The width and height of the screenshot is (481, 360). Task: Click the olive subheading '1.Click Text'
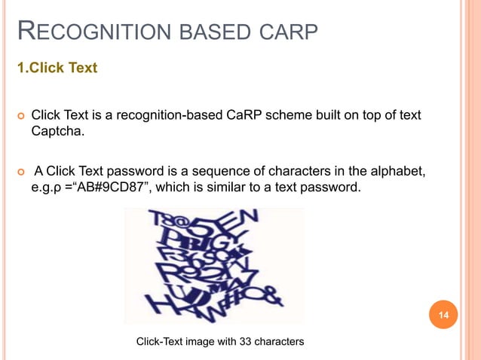click(57, 68)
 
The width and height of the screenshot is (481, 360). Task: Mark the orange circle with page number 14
click(443, 315)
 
